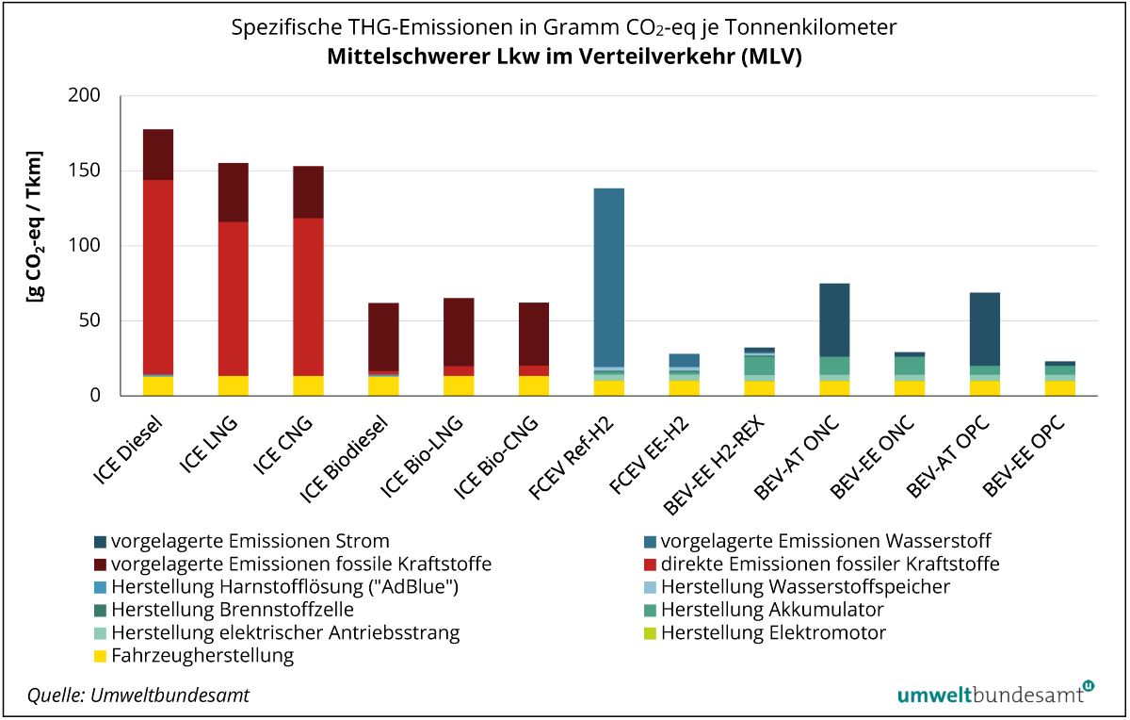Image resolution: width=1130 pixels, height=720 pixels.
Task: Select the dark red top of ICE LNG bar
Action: tap(234, 192)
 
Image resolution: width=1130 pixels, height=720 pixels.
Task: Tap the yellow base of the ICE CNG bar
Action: tap(308, 385)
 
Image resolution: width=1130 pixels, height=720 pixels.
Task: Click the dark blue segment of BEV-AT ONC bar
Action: tap(834, 319)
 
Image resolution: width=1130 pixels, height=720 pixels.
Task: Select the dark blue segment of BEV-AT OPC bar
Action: tap(984, 329)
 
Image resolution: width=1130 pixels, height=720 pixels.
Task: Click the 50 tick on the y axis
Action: tap(88, 320)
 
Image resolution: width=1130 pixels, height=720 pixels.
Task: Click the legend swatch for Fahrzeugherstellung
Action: tap(100, 656)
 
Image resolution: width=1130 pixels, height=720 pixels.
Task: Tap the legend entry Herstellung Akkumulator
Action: tap(772, 610)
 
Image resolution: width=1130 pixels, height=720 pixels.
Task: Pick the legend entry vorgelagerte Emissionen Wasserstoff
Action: tap(826, 541)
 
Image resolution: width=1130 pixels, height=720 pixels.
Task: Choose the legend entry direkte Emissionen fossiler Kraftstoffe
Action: tap(830, 564)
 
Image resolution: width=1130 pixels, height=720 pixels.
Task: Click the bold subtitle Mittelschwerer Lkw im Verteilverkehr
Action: tap(564, 56)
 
